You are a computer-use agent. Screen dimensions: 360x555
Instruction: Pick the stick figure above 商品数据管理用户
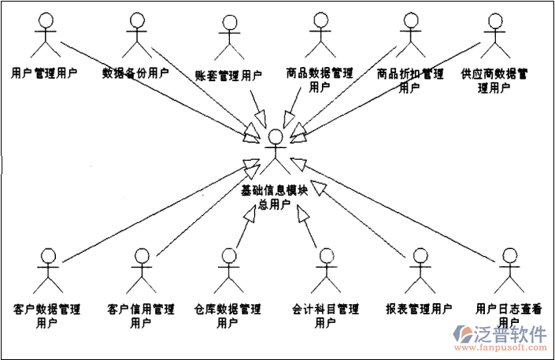point(319,34)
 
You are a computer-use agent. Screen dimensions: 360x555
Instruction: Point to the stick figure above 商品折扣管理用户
point(409,34)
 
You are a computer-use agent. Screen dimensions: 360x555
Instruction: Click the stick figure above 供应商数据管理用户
point(494,34)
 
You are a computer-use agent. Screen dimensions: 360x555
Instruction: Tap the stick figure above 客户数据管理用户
point(49,272)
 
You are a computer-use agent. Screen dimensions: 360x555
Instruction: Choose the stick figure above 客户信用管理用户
point(142,272)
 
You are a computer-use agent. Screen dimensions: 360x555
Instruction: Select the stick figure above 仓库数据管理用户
point(229,272)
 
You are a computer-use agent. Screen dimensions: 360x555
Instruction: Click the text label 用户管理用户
point(45,75)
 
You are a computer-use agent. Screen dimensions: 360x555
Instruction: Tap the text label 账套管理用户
point(228,76)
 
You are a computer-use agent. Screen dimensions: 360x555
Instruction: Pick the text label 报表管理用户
point(419,308)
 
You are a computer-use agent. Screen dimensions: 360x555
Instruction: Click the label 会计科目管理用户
point(326,314)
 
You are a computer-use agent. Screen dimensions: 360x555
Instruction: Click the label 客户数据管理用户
point(47,314)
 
